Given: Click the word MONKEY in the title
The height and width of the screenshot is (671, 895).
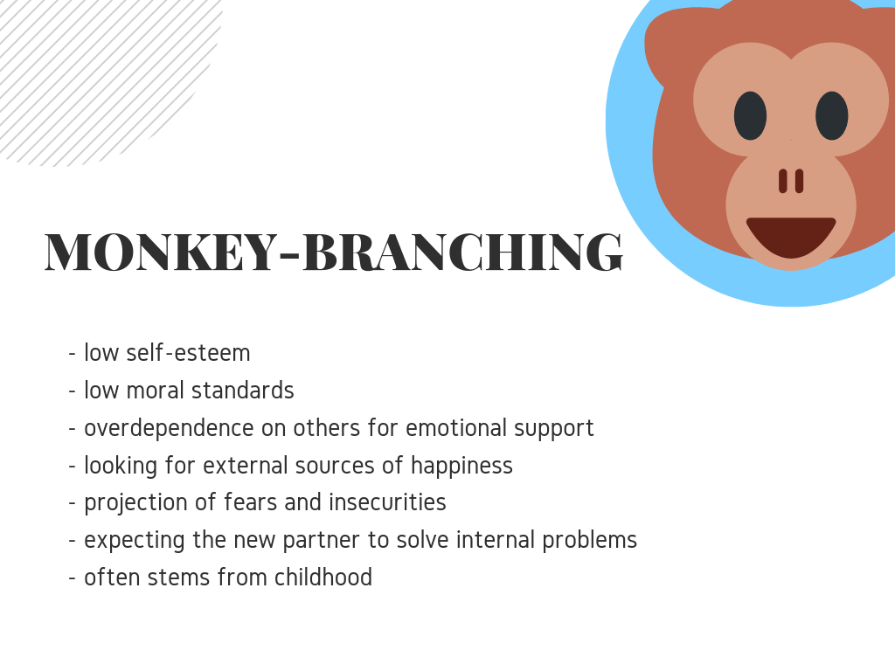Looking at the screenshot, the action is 161,252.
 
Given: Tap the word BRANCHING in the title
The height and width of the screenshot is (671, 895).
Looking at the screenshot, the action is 463,252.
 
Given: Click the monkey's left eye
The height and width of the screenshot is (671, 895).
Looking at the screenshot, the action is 750,116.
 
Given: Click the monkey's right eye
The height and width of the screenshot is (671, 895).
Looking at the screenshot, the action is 832,116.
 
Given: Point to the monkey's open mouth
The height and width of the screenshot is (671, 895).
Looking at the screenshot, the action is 791,236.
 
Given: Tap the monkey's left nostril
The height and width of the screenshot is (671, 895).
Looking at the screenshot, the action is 783,181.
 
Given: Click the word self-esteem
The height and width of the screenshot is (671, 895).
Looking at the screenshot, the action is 189,353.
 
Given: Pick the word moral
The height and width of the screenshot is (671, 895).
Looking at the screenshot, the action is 155,391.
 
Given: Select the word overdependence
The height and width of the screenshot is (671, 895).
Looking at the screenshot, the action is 169,429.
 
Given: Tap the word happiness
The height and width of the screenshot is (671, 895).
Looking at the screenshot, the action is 461,467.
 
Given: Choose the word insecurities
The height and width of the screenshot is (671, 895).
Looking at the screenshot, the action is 387,502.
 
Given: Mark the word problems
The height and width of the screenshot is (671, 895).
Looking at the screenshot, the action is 590,541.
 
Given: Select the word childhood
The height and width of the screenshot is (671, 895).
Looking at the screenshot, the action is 323,578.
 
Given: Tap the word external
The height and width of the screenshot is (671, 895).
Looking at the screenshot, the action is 246,466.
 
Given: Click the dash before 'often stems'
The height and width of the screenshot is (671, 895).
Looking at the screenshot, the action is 72,578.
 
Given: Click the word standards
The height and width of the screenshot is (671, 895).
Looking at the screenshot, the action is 243,391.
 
